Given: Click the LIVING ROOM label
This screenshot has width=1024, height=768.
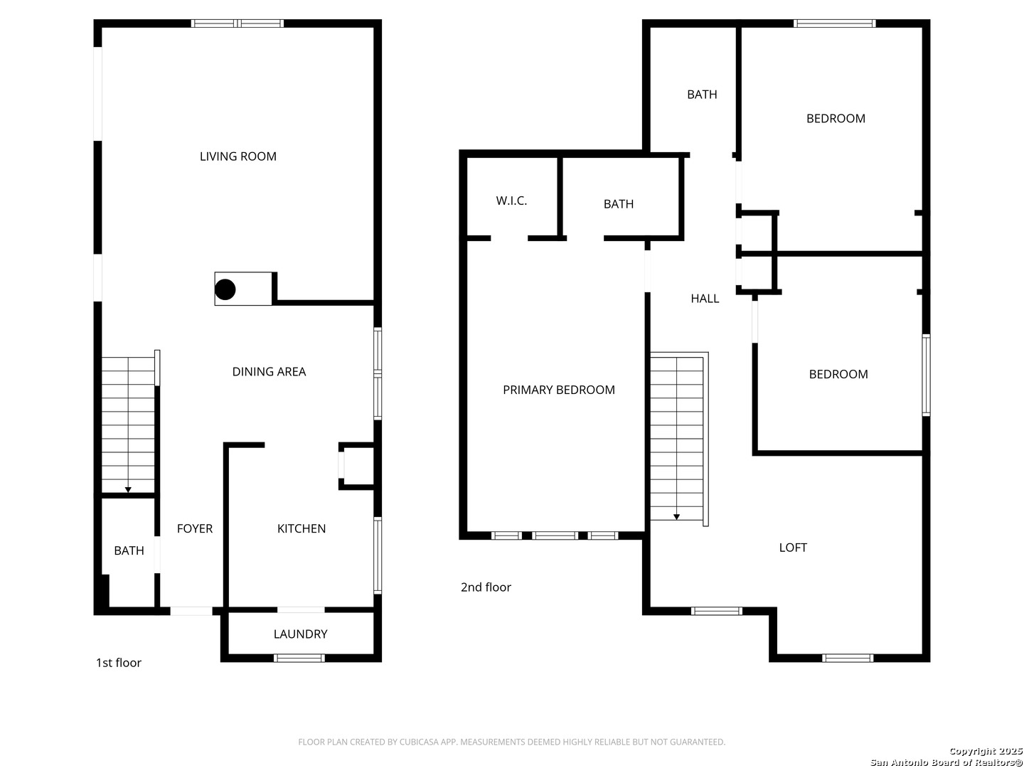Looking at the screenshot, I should [x=238, y=156].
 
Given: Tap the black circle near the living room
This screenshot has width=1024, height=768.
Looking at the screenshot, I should [x=225, y=289].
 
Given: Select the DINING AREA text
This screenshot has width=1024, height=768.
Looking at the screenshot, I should [x=269, y=372].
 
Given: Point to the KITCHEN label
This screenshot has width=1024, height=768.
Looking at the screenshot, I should [x=302, y=528].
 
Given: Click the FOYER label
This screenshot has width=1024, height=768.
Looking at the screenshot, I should [x=195, y=528].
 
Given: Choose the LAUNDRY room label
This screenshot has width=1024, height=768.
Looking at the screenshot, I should [x=300, y=634].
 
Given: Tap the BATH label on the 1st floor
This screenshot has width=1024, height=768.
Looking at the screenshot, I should [x=129, y=550].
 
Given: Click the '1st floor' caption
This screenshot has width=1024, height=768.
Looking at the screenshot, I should [x=119, y=663].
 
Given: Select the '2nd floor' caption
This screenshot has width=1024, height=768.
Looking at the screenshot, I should [x=486, y=587].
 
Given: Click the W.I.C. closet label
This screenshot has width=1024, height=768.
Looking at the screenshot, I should [x=511, y=201].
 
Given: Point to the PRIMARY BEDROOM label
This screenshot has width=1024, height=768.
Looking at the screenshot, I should [x=558, y=390].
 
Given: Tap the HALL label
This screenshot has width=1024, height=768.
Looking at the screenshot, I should [x=705, y=299].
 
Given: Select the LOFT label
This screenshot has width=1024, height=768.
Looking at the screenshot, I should [x=793, y=548].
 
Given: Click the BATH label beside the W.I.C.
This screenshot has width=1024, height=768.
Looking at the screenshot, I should [x=618, y=204].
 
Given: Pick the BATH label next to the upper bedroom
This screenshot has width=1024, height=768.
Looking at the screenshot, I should [x=702, y=95].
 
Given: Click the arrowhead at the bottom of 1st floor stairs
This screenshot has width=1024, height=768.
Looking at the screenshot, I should [x=128, y=489].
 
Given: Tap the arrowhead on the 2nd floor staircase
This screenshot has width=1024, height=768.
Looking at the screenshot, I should [x=677, y=517].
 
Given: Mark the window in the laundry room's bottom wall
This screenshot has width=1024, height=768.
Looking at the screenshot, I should [x=299, y=658].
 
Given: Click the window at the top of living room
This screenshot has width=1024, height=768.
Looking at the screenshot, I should [x=238, y=23].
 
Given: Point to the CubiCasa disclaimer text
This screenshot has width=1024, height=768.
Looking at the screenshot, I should [x=511, y=742].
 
